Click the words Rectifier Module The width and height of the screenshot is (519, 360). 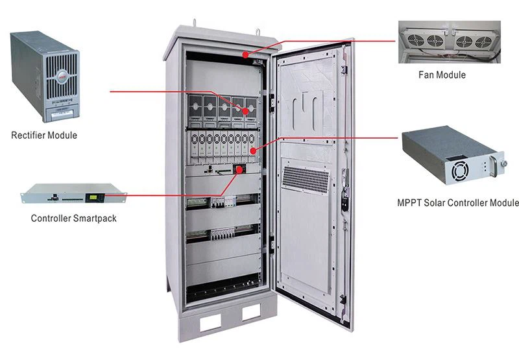click(x=44, y=136)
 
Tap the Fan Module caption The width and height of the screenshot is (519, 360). click(x=441, y=75)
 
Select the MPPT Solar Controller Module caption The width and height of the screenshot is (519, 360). click(x=457, y=202)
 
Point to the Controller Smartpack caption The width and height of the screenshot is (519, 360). click(x=74, y=219)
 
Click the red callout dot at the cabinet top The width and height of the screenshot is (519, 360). click(x=245, y=55)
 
